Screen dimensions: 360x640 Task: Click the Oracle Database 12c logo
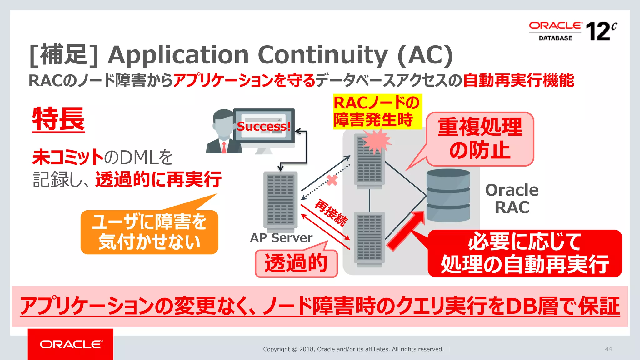(573, 31)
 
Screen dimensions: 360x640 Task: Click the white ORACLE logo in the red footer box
(71, 344)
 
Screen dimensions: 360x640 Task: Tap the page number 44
(608, 349)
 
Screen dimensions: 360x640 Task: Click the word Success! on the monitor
(264, 126)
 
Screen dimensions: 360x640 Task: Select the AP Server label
(281, 238)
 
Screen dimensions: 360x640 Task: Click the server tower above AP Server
(280, 200)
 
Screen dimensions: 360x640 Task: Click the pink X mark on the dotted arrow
(332, 180)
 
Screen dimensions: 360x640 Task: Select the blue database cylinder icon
(448, 195)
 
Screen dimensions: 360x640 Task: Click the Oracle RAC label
(512, 199)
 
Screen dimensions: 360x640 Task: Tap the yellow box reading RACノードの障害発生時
(377, 112)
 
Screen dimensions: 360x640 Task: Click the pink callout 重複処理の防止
(480, 139)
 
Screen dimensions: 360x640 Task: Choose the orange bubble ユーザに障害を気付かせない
(149, 232)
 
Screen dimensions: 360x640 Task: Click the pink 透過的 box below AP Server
(296, 263)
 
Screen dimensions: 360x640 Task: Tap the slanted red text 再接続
(331, 213)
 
